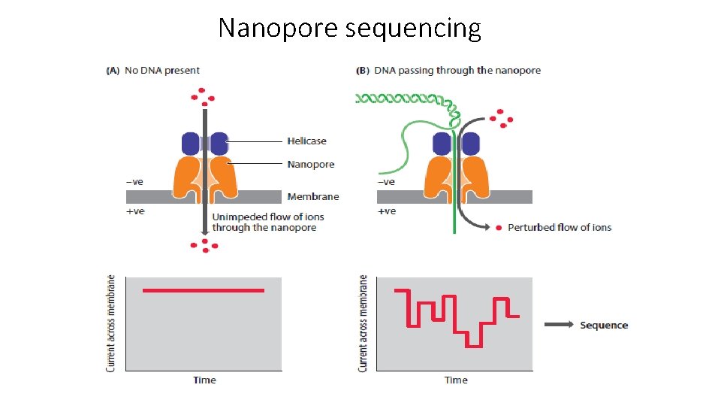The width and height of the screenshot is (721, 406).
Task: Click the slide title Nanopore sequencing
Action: point(349,28)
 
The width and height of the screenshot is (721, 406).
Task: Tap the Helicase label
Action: point(306,141)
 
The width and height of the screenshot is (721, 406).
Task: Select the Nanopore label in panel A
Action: point(310,164)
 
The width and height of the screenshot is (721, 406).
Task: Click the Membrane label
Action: point(312,196)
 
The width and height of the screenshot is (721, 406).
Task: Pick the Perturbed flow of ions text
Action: point(560,227)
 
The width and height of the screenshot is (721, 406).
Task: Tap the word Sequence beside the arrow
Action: point(603,325)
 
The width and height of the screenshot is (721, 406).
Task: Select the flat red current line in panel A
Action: point(203,290)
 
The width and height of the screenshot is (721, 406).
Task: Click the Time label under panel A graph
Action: point(204,380)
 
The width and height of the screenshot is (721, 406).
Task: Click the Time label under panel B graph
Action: point(456,380)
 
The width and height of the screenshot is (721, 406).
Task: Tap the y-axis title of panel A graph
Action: point(111,323)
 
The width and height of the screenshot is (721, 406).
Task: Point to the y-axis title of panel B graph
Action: point(364,323)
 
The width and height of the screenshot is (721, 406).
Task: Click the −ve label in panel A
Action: point(134,181)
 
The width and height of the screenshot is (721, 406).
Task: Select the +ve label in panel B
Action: point(386,211)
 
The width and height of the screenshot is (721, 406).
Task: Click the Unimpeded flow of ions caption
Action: point(264,222)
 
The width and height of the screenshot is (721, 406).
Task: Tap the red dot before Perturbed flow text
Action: point(499,227)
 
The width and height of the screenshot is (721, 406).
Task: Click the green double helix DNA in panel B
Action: point(398,98)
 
